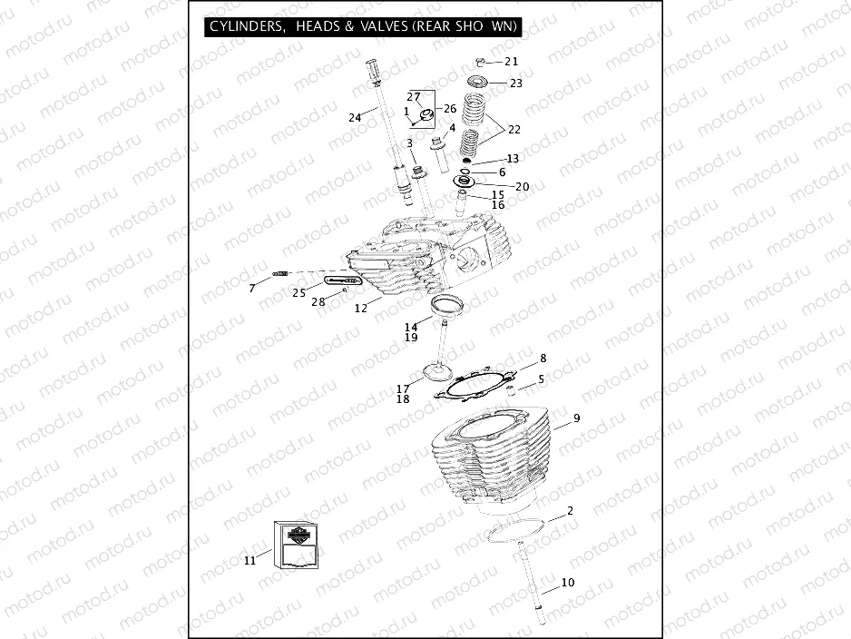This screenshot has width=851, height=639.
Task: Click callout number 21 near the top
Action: (x=511, y=62)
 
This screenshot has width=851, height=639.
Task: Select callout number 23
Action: (x=515, y=83)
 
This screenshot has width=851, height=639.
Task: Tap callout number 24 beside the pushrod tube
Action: (x=355, y=117)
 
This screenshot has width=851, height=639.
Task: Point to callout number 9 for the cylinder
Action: (x=575, y=420)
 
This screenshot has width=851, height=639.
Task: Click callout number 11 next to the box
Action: (x=249, y=561)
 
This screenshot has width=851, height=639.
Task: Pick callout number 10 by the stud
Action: (x=567, y=583)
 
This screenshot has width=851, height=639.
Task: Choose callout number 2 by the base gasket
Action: (x=569, y=511)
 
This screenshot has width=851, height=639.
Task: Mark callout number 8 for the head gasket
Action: (x=543, y=359)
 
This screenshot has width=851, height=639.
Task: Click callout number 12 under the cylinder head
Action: (x=360, y=309)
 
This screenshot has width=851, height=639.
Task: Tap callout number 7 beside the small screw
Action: (x=252, y=289)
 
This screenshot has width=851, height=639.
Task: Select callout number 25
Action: (x=298, y=292)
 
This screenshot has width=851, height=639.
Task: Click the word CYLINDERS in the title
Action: (x=242, y=27)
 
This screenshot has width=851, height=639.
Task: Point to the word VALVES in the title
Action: (x=381, y=27)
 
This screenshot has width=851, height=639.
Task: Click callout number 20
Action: (x=521, y=186)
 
